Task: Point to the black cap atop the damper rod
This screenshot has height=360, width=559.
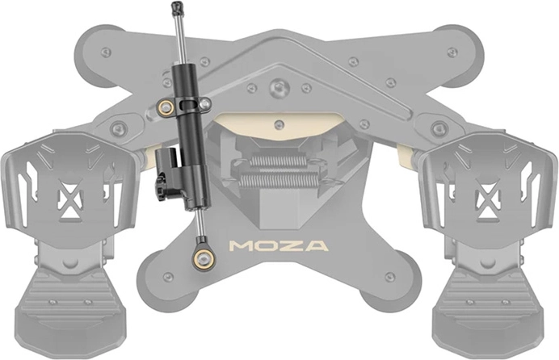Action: (176, 9)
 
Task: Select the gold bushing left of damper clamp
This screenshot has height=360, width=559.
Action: (166, 107)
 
